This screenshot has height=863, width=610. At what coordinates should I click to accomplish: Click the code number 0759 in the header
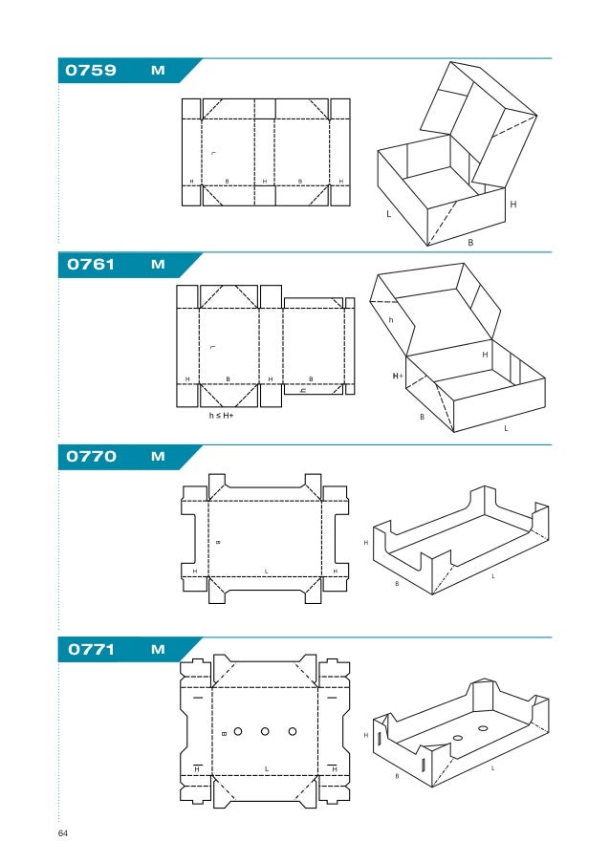pyautogui.click(x=90, y=71)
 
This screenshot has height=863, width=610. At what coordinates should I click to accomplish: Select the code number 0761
pyautogui.click(x=90, y=265)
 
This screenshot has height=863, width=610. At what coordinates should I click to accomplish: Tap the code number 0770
pyautogui.click(x=91, y=457)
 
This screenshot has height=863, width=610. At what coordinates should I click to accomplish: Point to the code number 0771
pyautogui.click(x=91, y=650)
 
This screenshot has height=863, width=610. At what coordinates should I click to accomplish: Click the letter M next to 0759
pyautogui.click(x=158, y=71)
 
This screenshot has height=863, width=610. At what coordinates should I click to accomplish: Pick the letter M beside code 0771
pyautogui.click(x=158, y=650)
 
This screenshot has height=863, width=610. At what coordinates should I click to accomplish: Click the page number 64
pyautogui.click(x=63, y=834)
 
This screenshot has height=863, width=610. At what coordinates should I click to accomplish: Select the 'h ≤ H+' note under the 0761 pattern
pyautogui.click(x=222, y=416)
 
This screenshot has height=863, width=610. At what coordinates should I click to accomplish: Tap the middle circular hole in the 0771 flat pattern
pyautogui.click(x=265, y=732)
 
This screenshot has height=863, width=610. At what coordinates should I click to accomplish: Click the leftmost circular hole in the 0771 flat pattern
pyautogui.click(x=238, y=732)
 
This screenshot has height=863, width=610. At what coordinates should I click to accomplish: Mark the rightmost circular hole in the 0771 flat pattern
pyautogui.click(x=292, y=732)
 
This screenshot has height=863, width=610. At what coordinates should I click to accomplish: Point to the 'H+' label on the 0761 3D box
pyautogui.click(x=397, y=377)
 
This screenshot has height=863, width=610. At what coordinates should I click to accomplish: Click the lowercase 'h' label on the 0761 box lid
pyautogui.click(x=390, y=320)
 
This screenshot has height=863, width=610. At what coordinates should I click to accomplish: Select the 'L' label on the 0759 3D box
pyautogui.click(x=388, y=215)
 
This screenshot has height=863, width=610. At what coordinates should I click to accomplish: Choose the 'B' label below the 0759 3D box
pyautogui.click(x=470, y=243)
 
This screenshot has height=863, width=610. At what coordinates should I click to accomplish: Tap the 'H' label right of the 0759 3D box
pyautogui.click(x=513, y=205)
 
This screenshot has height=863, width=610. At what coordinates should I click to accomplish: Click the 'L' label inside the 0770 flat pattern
pyautogui.click(x=266, y=571)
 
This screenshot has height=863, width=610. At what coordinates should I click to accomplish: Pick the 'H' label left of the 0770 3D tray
pyautogui.click(x=365, y=542)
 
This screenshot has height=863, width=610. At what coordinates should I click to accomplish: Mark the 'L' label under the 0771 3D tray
pyautogui.click(x=493, y=767)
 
